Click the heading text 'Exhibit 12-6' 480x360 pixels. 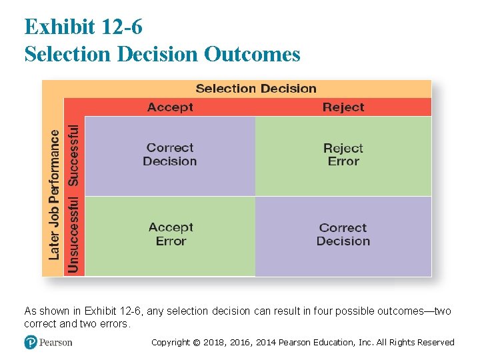83,27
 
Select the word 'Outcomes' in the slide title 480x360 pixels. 252,54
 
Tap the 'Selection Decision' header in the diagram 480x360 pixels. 256,89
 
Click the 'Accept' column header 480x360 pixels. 170,107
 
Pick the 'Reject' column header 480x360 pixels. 343,107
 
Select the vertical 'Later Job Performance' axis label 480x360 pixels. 54,194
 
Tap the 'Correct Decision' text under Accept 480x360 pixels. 170,155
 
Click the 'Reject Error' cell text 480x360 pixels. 343,155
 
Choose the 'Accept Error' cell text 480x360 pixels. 171,235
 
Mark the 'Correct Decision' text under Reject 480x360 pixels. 343,235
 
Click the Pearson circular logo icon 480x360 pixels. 30,342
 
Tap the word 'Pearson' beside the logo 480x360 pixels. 55,343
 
